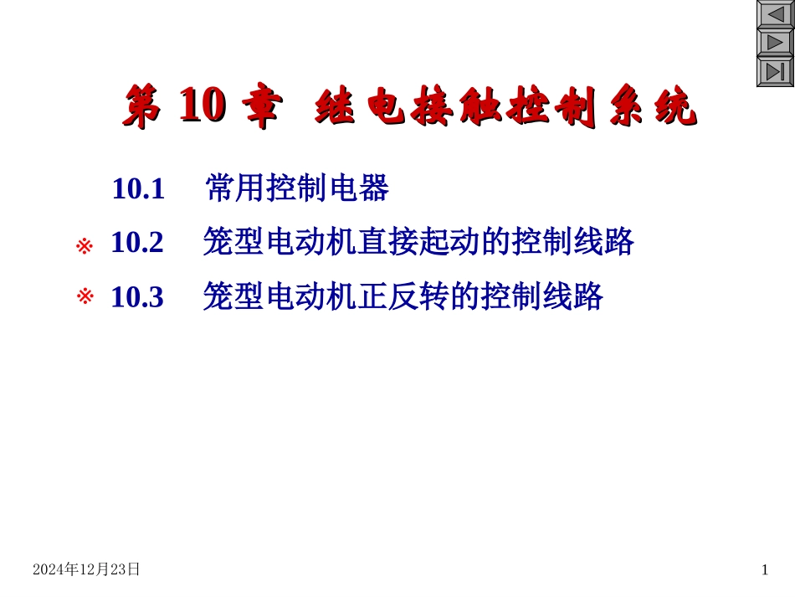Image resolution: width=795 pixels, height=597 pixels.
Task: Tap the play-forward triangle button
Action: pyautogui.click(x=775, y=44)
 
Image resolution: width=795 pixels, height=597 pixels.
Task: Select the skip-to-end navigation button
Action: pyautogui.click(x=775, y=72)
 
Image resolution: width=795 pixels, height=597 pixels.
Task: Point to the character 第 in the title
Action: pyautogui.click(x=143, y=109)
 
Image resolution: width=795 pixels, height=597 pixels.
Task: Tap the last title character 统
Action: pyautogui.click(x=675, y=109)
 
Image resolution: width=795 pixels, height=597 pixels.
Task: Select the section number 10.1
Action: pyautogui.click(x=138, y=189)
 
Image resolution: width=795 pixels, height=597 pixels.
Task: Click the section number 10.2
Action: pyautogui.click(x=137, y=243)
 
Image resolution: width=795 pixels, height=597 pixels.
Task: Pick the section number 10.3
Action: pyautogui.click(x=137, y=296)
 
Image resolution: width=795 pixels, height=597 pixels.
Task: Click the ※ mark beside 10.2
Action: pyautogui.click(x=84, y=246)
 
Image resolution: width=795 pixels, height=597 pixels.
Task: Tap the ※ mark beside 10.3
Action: pyautogui.click(x=84, y=296)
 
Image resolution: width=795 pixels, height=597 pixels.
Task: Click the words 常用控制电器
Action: pyautogui.click(x=297, y=189)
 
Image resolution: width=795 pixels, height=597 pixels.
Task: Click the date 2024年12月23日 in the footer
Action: pyautogui.click(x=86, y=569)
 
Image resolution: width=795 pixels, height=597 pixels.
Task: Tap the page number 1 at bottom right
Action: pyautogui.click(x=764, y=570)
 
